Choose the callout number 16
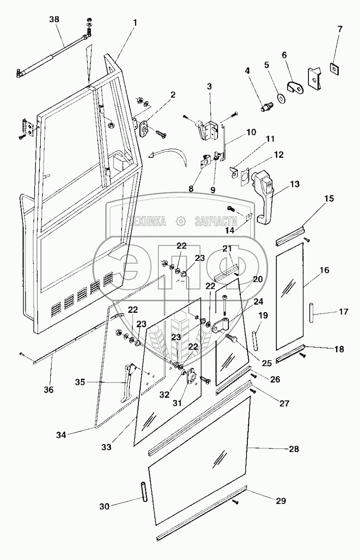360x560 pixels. point(325,270)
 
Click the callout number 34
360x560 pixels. point(61,435)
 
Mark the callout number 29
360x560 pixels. point(281,501)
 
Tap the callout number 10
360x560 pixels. point(251,132)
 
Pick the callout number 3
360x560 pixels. point(209,86)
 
